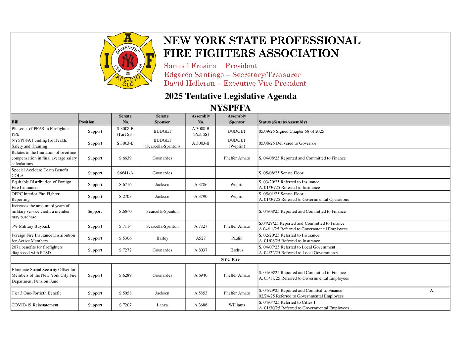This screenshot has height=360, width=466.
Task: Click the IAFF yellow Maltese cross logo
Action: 128,61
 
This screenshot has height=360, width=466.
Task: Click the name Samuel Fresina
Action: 190,66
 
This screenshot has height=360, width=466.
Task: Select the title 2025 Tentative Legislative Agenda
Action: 230,96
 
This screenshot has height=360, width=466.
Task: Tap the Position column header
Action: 87,122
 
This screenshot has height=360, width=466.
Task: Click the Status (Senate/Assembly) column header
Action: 283,122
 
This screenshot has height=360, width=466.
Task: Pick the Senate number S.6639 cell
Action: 125,158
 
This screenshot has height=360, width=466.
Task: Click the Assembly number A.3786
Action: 201,185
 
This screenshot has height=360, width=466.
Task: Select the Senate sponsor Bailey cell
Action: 162,238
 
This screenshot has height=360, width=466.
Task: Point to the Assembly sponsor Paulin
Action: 237,238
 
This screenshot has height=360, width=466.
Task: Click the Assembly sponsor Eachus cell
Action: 237,250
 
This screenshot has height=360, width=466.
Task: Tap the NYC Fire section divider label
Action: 230,259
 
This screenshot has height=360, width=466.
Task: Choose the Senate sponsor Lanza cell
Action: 162,305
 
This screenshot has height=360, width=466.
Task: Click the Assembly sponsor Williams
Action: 237,305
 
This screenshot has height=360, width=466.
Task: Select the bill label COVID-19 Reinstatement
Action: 35,305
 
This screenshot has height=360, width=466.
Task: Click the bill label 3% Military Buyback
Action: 31,226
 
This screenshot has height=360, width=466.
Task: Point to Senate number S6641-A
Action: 125,173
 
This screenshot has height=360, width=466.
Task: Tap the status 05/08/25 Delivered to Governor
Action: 287,143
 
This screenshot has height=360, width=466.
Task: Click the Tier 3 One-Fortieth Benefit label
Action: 36,293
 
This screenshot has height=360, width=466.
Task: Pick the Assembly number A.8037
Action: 201,250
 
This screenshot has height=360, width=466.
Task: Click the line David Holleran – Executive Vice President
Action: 235,83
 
